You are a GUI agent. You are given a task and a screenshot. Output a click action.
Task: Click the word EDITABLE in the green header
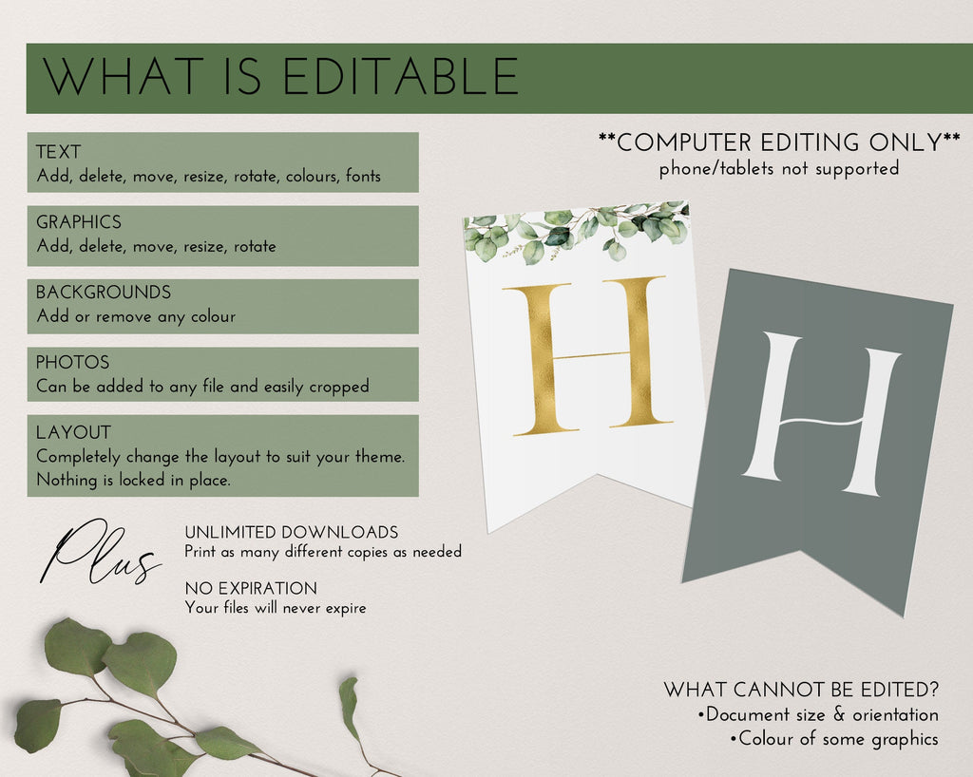coord(401,76)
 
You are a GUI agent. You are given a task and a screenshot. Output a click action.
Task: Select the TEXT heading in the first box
coord(58,152)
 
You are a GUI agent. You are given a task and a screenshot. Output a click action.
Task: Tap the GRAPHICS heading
coord(79,222)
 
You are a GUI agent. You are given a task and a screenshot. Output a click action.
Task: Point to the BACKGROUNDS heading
coord(104,292)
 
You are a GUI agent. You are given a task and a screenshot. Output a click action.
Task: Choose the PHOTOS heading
coord(72,362)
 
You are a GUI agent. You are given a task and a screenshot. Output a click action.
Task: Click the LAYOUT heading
coord(74,432)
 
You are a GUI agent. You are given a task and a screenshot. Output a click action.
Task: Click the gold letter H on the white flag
coord(587,356)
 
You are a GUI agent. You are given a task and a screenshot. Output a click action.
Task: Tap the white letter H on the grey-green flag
coord(820,414)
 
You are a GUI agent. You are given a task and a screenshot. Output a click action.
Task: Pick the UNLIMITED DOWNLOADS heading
coord(292,533)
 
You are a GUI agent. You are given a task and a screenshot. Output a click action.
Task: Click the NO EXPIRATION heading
coord(251,589)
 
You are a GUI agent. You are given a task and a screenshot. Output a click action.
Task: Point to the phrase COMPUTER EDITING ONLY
coord(779,142)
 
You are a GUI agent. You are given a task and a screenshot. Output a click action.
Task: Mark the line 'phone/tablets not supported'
coord(779,169)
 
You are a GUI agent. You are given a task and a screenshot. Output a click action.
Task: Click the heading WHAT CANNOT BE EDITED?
coord(801,690)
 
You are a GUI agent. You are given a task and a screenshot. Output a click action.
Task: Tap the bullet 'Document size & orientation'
coord(818,715)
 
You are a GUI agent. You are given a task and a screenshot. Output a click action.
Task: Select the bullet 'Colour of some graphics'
coord(834,739)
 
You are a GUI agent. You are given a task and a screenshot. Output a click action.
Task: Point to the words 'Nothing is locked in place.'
coord(133,480)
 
